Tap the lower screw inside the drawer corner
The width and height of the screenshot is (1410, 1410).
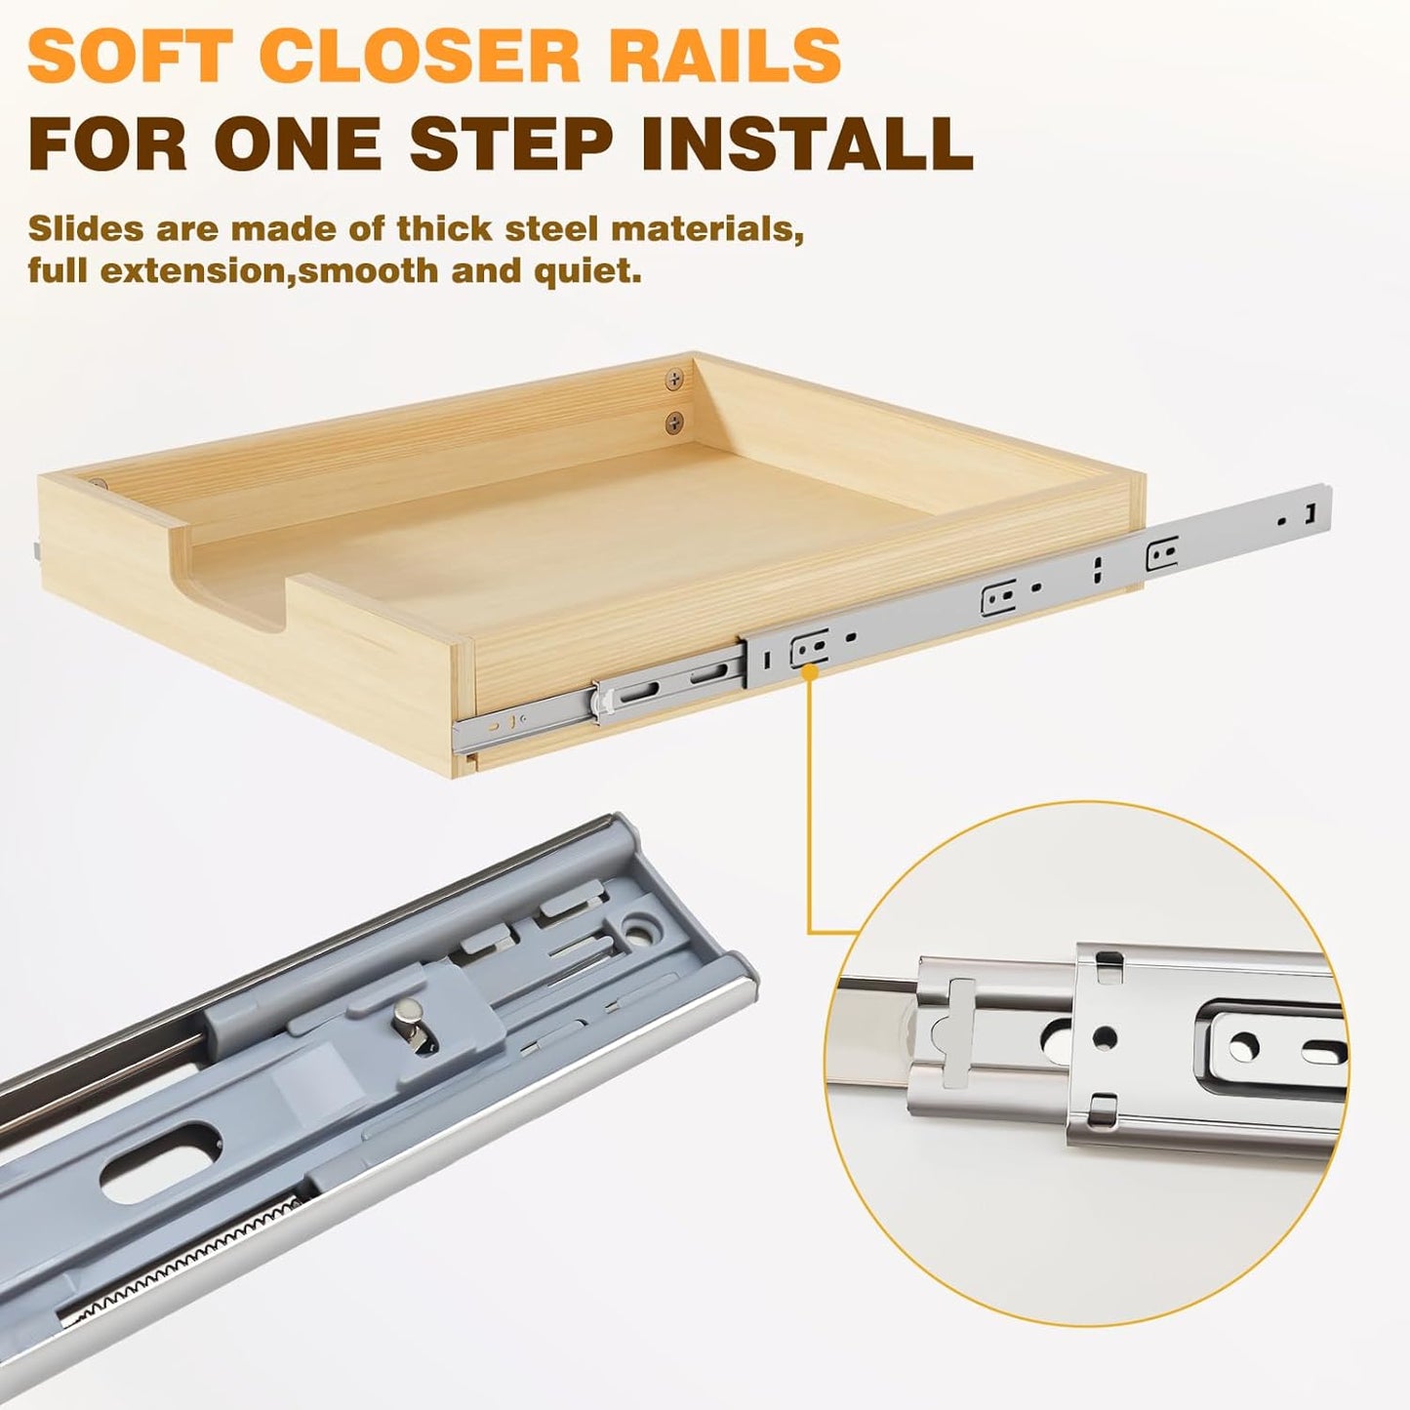pyautogui.click(x=675, y=423)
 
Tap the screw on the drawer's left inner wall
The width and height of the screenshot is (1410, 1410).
pyautogui.click(x=99, y=483)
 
